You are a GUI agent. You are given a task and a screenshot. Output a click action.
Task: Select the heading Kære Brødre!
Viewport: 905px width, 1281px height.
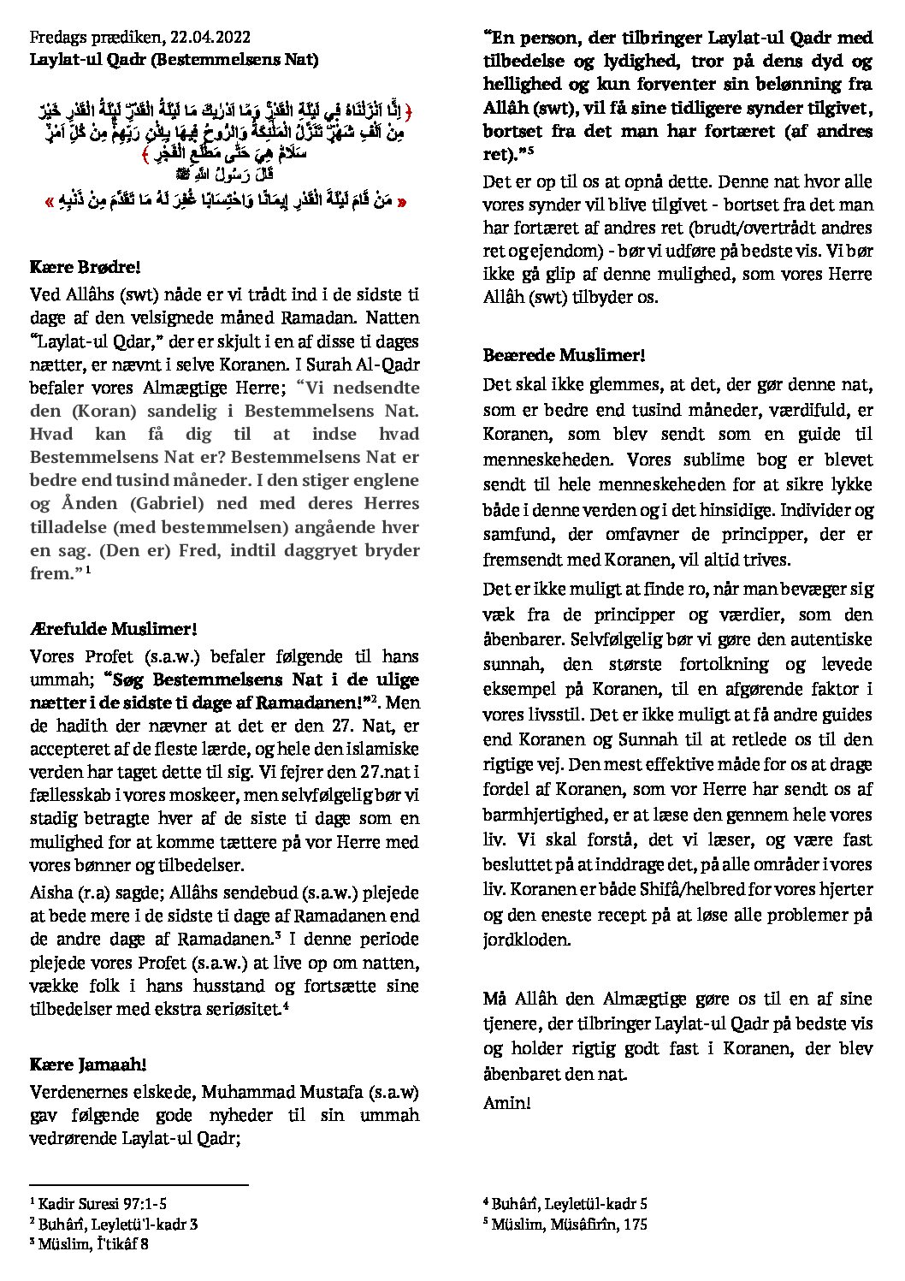click(78, 269)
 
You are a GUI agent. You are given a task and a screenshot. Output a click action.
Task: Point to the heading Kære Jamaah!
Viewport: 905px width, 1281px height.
click(87, 1065)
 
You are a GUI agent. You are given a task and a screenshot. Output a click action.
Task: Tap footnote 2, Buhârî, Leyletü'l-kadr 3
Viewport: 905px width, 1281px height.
click(113, 1225)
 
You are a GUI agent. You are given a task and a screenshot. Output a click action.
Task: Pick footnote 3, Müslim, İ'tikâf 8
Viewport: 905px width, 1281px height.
click(93, 1244)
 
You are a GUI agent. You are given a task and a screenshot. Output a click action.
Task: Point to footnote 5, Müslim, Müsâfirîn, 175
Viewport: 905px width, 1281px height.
click(565, 1225)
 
